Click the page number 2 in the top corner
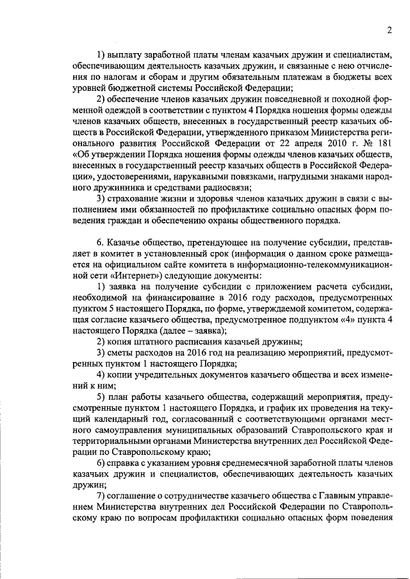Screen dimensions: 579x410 point(389,30)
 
